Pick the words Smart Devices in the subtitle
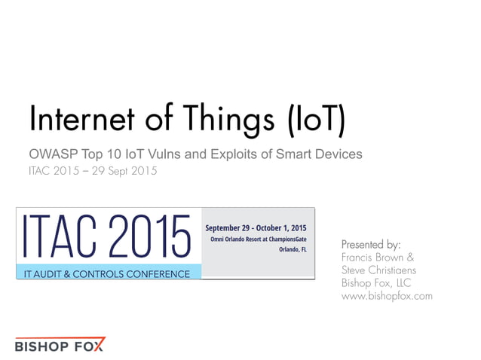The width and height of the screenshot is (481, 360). [324, 154]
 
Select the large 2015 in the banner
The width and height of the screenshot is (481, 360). [155, 236]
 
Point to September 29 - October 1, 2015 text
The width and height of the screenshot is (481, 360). [256, 227]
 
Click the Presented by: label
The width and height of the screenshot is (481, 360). [371, 244]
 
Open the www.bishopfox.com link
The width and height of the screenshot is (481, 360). [387, 296]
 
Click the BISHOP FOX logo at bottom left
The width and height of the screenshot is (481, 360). [60, 345]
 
